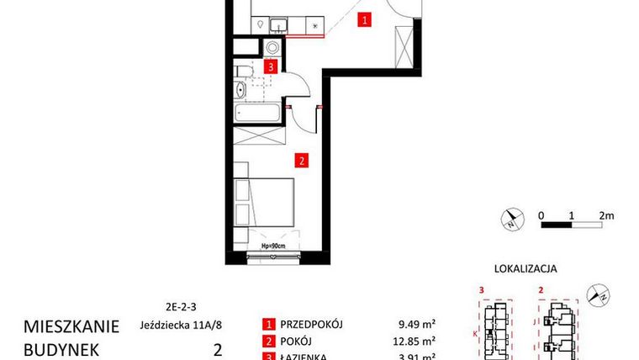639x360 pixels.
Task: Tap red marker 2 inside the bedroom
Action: click(300, 157)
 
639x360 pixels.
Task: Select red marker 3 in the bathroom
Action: click(270, 66)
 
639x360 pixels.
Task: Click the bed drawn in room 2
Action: click(263, 206)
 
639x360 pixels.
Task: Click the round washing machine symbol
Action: click(273, 47)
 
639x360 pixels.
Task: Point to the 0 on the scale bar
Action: click(543, 215)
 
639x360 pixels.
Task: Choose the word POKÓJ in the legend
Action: click(294, 341)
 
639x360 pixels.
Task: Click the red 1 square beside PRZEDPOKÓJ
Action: click(268, 325)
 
